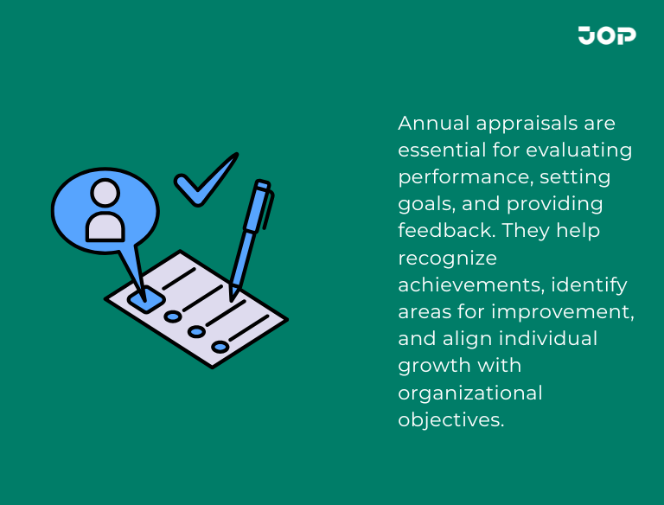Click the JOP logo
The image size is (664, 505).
[x=607, y=35]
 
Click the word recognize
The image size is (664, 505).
[x=447, y=259]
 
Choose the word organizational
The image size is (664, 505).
[x=470, y=393]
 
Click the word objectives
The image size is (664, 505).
[x=450, y=419]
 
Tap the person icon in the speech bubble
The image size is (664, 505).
[x=105, y=210]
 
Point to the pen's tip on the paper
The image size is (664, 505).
[x=232, y=297]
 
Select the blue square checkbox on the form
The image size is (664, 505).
[x=146, y=298]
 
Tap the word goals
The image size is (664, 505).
[x=424, y=205]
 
